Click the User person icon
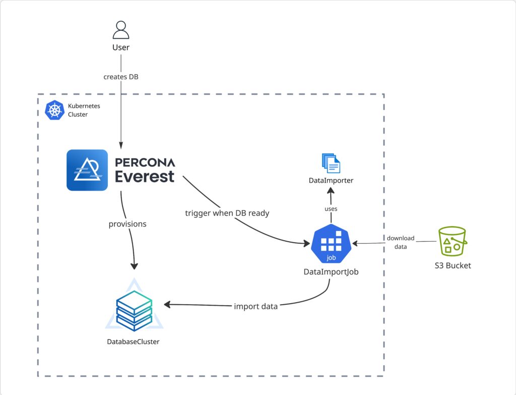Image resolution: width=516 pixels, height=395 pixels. tap(121, 30)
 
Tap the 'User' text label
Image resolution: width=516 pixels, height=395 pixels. tap(121, 47)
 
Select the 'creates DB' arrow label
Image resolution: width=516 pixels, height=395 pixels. tap(121, 77)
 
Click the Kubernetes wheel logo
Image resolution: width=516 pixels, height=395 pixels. tap(54, 110)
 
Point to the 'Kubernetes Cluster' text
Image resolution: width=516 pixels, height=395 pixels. tap(78, 110)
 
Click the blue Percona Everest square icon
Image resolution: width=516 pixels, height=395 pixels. tap(87, 170)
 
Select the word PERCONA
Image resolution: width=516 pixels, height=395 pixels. tap(145, 162)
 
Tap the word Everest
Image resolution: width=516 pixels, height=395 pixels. tap(144, 176)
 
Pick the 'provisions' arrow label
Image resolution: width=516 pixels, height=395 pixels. tap(127, 223)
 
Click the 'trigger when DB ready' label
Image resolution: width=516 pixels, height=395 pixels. tap(227, 213)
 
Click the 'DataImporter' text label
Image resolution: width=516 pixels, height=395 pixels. tap(331, 180)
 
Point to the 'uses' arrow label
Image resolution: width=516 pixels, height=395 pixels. tap(331, 208)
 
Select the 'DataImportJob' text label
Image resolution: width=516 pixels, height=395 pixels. tap(331, 272)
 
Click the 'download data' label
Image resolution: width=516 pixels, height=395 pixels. tap(401, 242)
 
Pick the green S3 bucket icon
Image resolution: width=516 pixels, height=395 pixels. tap(452, 242)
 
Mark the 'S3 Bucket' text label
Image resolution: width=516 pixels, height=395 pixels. tap(453, 265)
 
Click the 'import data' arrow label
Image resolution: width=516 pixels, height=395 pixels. tap(255, 306)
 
